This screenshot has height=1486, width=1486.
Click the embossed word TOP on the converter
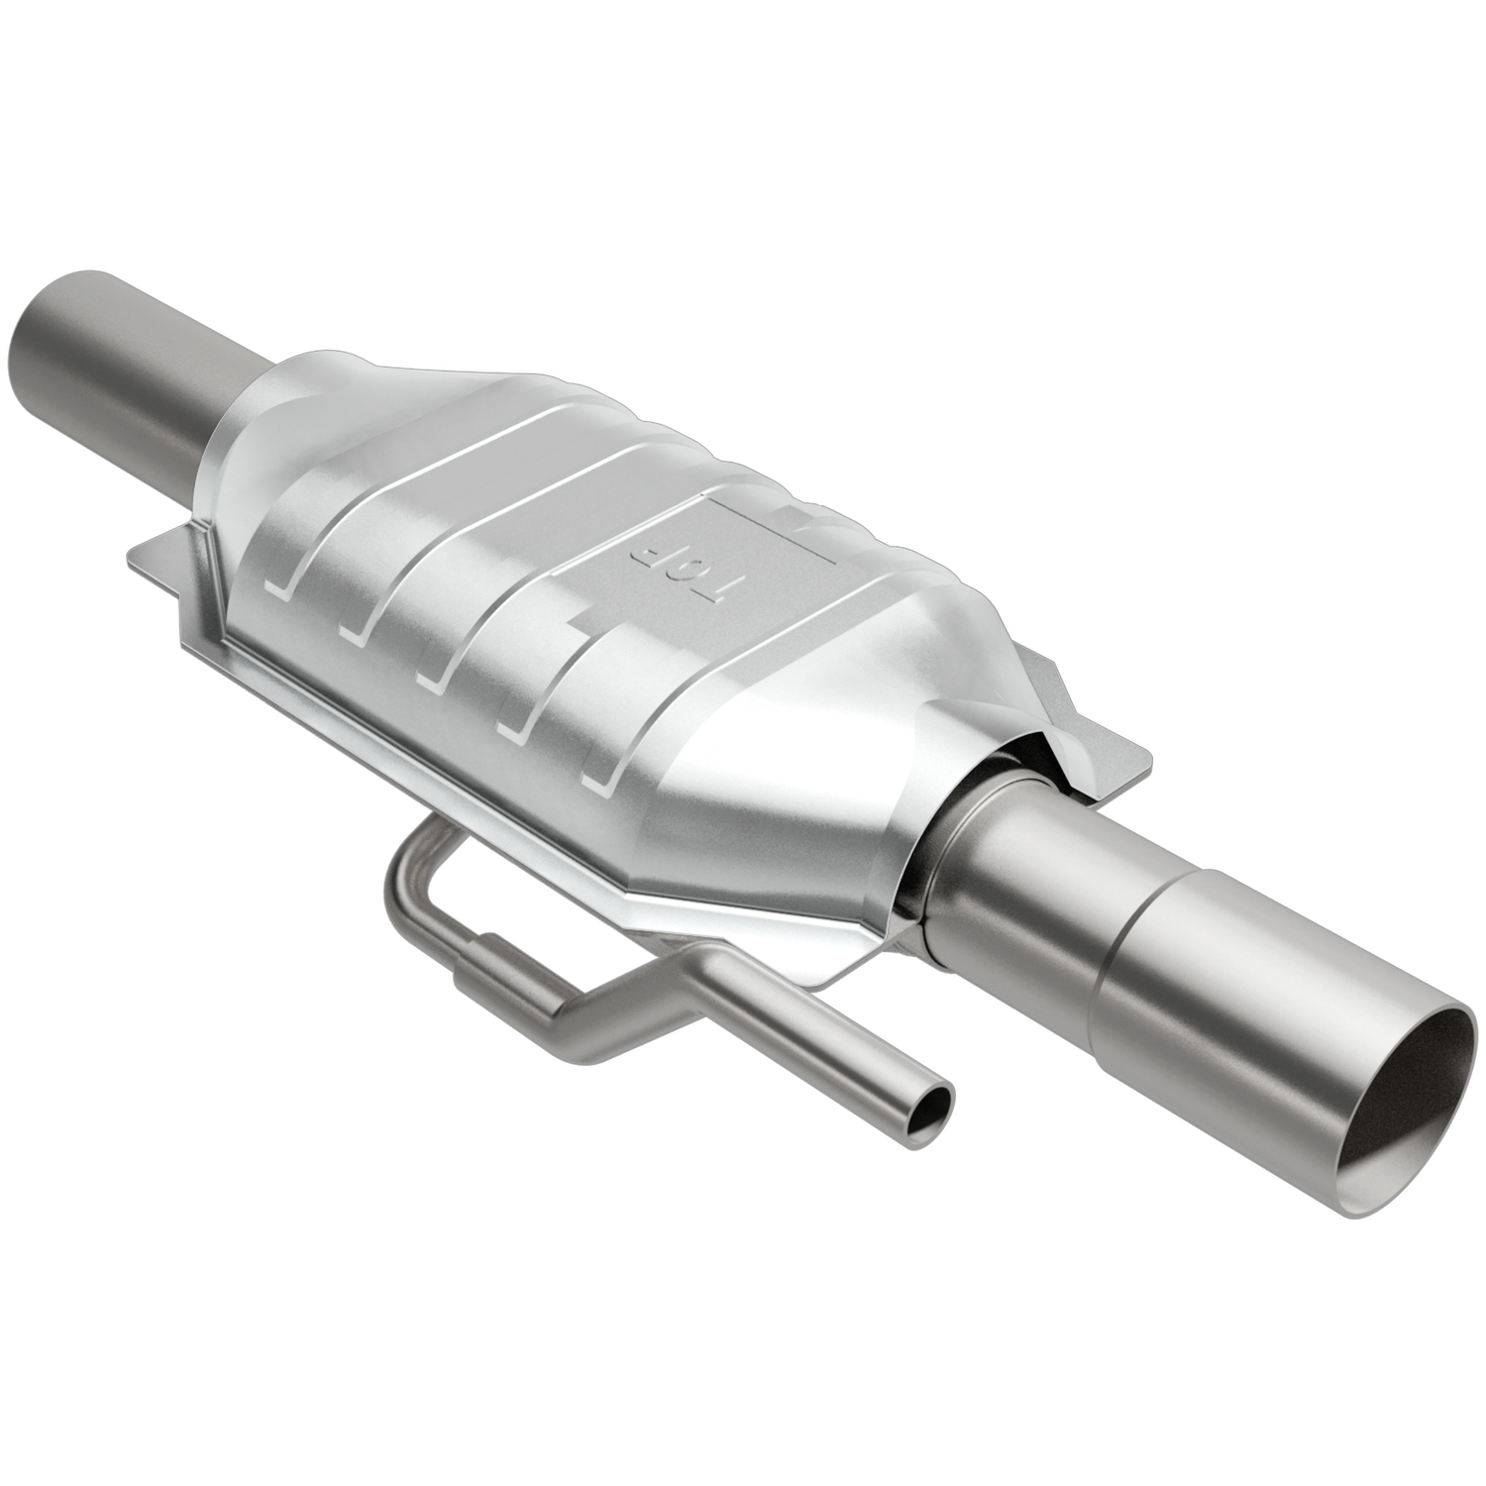coord(672,567)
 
